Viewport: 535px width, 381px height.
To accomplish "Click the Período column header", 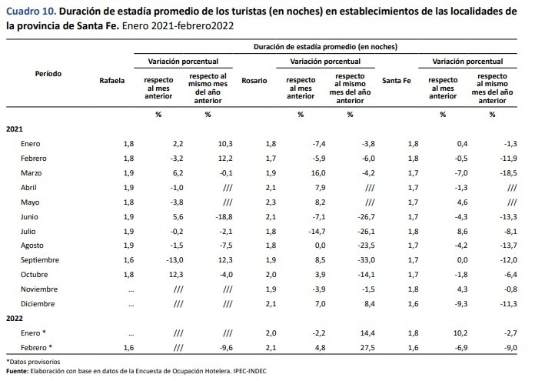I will click(x=48, y=75).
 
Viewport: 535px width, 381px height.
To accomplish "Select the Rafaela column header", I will click(x=111, y=80).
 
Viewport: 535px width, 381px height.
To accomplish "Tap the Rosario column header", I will click(x=254, y=80).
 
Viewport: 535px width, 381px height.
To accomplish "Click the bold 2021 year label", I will click(x=15, y=129).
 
